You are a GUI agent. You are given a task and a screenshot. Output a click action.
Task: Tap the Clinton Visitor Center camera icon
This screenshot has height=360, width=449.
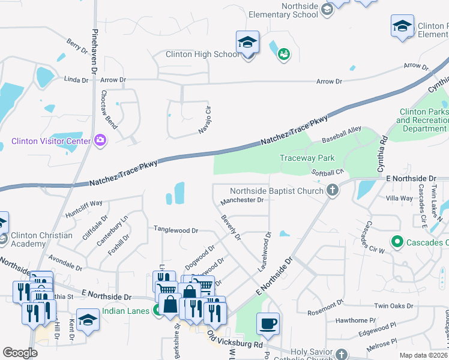100,141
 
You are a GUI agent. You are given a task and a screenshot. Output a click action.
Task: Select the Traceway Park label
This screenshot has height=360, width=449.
306,158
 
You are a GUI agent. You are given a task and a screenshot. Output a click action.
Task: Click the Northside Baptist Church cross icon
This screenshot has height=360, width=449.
332,191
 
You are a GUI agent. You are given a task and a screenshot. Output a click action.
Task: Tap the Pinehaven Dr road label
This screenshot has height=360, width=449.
94,48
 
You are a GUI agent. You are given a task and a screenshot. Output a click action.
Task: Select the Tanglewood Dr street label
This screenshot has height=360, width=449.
176,230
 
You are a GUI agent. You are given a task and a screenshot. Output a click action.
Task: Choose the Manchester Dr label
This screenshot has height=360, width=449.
243,200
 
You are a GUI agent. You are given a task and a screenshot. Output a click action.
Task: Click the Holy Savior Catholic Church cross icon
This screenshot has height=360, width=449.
342,354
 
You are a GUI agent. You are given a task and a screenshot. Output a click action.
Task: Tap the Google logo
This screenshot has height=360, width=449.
20,353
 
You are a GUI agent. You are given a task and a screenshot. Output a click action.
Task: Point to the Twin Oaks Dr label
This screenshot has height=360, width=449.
394,305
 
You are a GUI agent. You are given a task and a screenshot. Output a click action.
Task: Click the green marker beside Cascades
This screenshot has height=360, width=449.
396,242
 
